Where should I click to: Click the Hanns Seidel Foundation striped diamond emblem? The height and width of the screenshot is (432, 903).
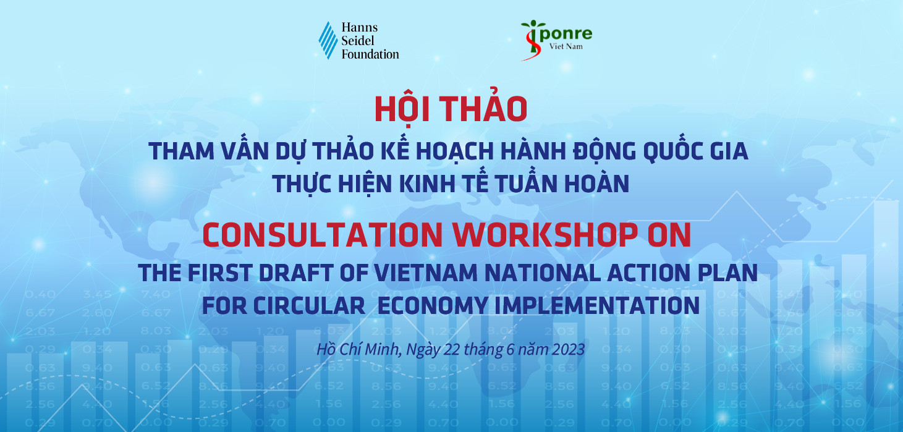coord(328,40)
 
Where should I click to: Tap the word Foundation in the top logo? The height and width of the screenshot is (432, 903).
coord(370,54)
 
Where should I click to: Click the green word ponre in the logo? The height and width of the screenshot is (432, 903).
coord(566,33)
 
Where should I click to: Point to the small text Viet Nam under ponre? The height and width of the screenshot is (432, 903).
coord(566,46)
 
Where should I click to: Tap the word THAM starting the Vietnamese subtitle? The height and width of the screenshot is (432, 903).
coord(182,151)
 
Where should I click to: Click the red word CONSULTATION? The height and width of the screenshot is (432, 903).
coord(323,235)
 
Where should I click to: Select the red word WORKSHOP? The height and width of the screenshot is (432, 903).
coord(545,235)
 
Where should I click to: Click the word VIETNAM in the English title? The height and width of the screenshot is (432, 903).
coord(426,273)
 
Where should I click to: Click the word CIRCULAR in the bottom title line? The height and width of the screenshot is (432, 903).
coord(309,305)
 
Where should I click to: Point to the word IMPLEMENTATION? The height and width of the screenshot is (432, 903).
coord(597,305)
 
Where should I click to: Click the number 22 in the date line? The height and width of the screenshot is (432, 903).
coord(452,349)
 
